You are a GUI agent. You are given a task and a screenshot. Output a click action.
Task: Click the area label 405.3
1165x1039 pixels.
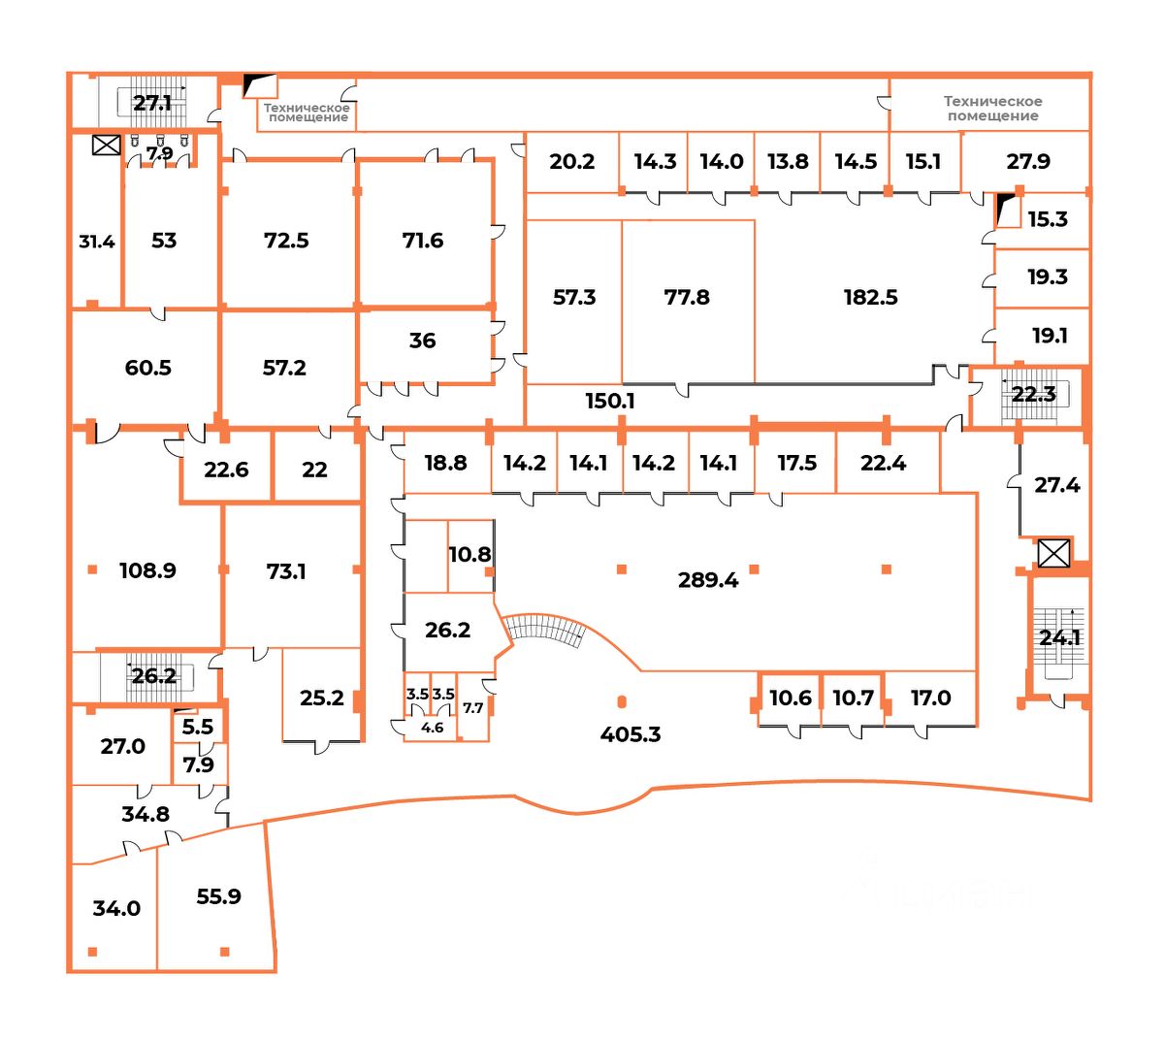click(x=631, y=734)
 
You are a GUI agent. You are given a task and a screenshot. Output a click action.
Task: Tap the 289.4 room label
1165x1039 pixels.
click(x=708, y=580)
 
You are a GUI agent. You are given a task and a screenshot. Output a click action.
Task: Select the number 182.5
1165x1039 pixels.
click(x=870, y=297)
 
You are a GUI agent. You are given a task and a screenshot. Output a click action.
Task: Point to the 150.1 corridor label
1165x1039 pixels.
click(x=609, y=400)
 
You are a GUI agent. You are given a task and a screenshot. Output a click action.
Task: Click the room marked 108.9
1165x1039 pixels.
click(x=147, y=570)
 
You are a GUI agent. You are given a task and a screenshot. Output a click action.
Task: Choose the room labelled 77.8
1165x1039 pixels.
click(x=687, y=297)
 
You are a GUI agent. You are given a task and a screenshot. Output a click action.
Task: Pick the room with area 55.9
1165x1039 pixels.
click(x=218, y=896)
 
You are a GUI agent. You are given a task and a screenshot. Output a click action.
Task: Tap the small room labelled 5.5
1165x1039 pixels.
click(x=198, y=727)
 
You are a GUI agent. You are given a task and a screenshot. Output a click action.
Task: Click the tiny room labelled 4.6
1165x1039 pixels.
click(x=432, y=728)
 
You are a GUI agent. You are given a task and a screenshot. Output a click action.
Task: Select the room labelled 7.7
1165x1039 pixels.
click(x=472, y=708)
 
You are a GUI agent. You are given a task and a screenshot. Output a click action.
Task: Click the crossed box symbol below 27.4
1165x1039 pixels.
click(x=1052, y=553)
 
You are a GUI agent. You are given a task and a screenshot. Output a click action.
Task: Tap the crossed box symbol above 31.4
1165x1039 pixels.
click(x=105, y=146)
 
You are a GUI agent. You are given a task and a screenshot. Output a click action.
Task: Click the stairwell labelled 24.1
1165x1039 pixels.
click(x=1059, y=637)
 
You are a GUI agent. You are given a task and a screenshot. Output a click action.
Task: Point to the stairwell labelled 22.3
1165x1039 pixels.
click(x=1033, y=394)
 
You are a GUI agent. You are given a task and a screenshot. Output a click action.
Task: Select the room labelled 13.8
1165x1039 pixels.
click(x=788, y=161)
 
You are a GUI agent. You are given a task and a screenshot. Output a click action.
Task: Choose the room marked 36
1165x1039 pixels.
click(x=422, y=341)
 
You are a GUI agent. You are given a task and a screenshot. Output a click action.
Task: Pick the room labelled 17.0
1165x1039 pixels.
click(x=930, y=698)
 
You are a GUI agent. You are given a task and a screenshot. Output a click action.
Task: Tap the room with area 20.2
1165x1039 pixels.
click(x=571, y=161)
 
